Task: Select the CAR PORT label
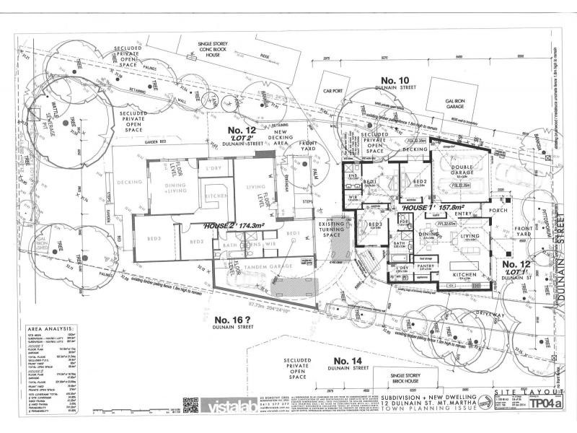[332, 92]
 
